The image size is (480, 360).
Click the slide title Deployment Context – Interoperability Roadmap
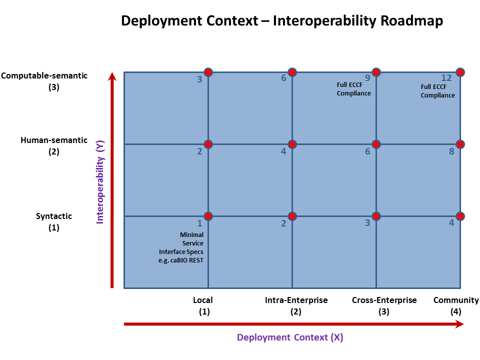tap(282, 21)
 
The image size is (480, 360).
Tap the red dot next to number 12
tap(460, 72)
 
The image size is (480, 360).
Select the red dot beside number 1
tap(208, 216)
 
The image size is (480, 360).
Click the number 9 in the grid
tap(367, 78)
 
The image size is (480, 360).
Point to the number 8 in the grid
tap(451, 151)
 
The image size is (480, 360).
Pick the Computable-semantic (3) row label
tap(44, 81)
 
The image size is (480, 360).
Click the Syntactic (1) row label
tap(54, 221)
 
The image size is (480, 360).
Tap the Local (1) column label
tap(203, 305)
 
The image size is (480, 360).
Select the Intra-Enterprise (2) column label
tap(296, 305)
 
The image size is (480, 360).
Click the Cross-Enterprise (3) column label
tap(384, 305)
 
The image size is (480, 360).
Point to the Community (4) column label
tap(456, 305)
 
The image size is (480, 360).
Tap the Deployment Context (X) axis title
tap(290, 337)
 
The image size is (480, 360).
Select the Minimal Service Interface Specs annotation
tap(185, 247)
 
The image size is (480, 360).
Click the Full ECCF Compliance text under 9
tap(354, 89)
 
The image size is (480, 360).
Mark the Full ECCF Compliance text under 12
tap(437, 91)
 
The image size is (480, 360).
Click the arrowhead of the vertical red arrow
tap(112, 76)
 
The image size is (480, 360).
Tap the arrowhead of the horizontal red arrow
tap(459, 324)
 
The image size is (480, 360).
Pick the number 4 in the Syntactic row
tap(451, 223)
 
